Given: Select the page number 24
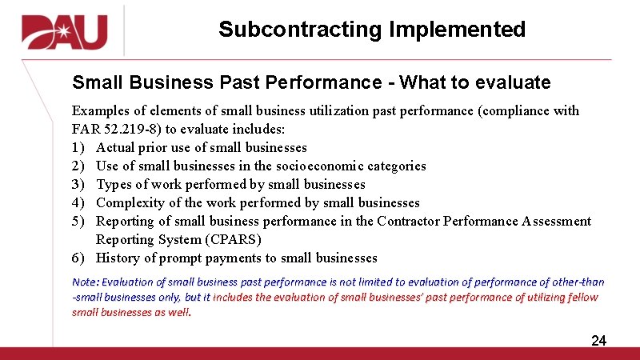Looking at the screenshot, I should tap(598, 341).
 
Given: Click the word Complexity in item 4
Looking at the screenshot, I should tap(129, 202).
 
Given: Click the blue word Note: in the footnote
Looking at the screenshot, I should tap(86, 282).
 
